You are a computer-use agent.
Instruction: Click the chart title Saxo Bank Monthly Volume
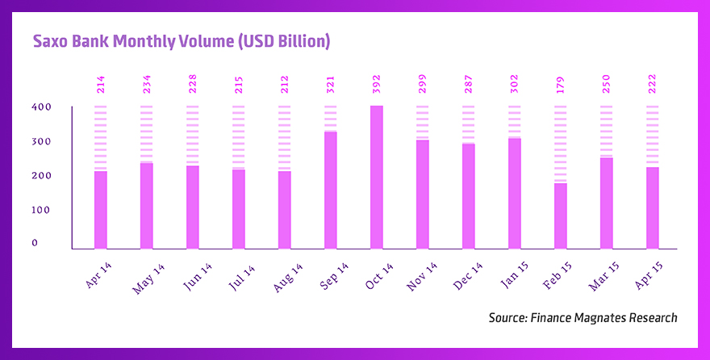(x=181, y=41)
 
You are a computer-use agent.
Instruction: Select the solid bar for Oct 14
(x=377, y=177)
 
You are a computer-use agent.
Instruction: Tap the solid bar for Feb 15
(x=561, y=216)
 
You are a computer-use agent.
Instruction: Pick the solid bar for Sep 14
(x=331, y=190)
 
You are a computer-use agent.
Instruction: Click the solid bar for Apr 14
(x=101, y=210)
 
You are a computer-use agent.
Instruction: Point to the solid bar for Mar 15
(x=607, y=203)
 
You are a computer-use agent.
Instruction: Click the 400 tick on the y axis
(x=41, y=107)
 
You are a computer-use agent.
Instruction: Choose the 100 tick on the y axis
(x=41, y=210)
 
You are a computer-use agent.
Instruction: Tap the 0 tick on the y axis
(x=35, y=243)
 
